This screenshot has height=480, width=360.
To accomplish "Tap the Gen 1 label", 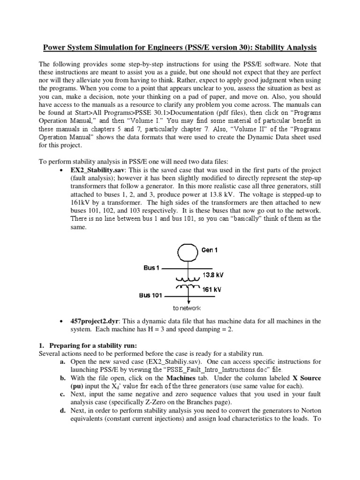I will click(210, 250).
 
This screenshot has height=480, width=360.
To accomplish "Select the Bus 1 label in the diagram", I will click(152, 268).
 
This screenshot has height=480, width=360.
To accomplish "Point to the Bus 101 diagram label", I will click(150, 296).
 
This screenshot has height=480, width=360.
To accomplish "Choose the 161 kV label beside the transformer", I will click(211, 290).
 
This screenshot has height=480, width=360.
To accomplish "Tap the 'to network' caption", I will click(187, 308).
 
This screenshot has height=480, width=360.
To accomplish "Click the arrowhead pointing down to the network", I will click(188, 301).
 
